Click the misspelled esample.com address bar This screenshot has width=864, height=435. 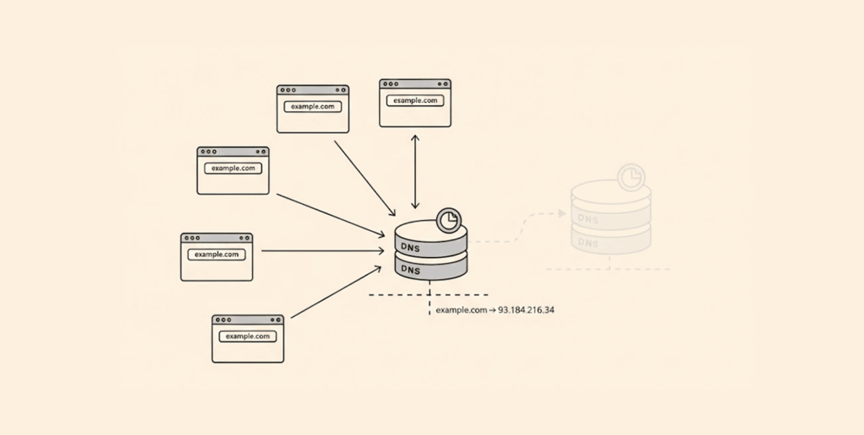point(415,100)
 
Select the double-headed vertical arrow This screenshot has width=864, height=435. point(414,170)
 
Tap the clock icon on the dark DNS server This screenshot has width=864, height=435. point(451,221)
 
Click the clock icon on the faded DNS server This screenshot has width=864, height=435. point(629,177)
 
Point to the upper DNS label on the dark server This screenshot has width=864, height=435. point(411,249)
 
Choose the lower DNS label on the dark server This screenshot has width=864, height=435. point(411,270)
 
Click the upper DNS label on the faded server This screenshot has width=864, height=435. point(588,218)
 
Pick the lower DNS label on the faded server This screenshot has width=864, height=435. point(588,244)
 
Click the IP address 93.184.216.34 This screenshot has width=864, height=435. point(526,310)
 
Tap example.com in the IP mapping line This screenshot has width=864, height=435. point(462,310)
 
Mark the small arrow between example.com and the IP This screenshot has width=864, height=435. point(493,310)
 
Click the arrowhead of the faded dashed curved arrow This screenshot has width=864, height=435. point(562,213)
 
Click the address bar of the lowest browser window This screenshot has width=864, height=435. point(248,336)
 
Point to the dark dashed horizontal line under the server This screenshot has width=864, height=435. point(428,295)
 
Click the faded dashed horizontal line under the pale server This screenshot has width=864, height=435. point(607,269)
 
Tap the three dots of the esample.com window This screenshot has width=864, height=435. point(391,84)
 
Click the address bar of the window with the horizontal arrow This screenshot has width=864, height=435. point(217,254)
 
